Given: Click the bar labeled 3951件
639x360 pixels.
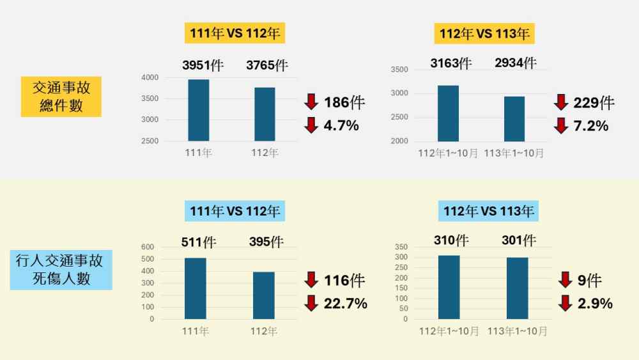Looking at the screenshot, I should point(199,110).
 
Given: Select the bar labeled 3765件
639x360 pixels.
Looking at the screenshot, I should point(265,114).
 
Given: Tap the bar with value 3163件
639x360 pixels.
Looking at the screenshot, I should point(448,113).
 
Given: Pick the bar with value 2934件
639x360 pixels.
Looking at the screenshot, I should point(514,118).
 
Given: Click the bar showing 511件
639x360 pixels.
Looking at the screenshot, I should point(196,288).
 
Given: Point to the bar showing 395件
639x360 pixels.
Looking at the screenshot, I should point(264,295).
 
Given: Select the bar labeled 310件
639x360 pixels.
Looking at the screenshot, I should point(449,287).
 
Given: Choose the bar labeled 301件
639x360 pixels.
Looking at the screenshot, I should point(517,288).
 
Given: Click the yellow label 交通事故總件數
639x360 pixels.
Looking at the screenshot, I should point(61,97).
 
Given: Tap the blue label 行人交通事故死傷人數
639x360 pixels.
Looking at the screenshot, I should point(61,269).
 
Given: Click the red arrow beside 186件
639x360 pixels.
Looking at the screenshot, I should point(311,101).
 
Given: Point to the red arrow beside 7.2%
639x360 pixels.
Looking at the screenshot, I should point(561,125).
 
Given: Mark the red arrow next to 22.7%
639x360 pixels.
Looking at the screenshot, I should point(311,303).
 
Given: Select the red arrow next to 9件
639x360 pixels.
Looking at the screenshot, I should point(565,279).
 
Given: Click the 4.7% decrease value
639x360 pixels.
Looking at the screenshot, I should point(341,125).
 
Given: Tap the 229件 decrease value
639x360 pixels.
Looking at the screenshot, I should point(594,102).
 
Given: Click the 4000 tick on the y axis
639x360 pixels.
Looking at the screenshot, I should point(150,78).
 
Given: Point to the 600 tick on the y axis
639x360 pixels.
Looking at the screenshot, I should point(148,247).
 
